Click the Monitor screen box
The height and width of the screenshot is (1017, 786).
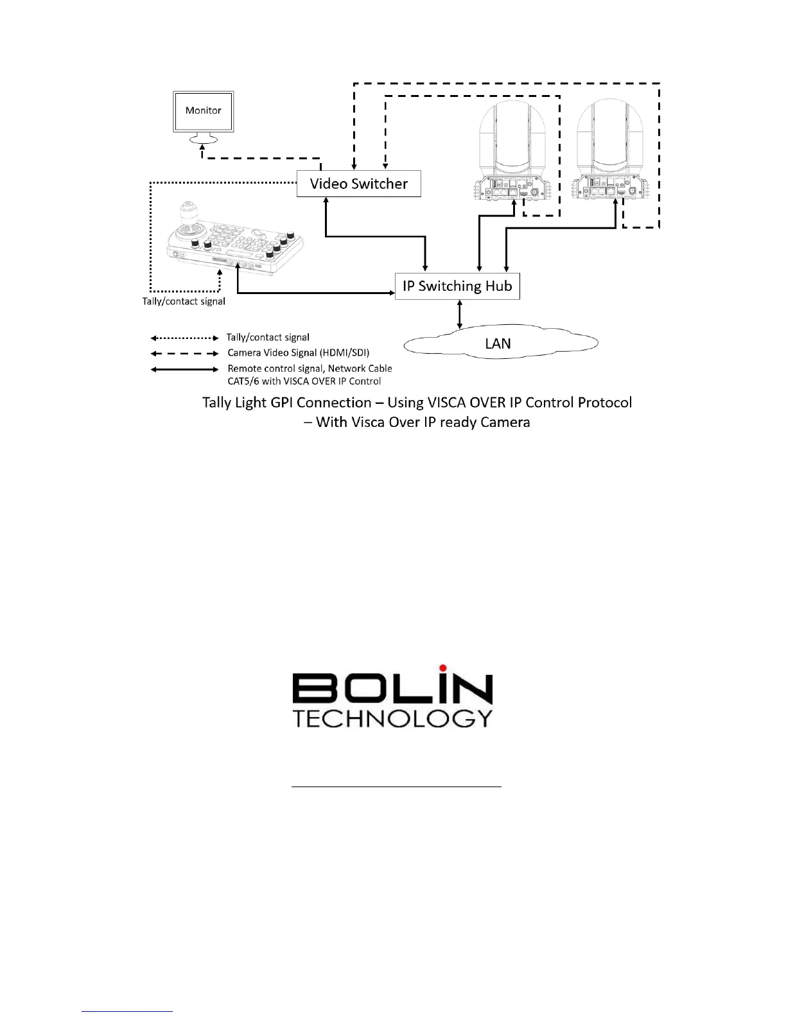coord(203,111)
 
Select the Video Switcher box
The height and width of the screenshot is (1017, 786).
coord(358,184)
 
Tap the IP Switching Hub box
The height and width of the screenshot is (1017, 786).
coord(457,286)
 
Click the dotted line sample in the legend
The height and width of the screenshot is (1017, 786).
coord(184,338)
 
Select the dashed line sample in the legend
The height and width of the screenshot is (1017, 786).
coord(184,353)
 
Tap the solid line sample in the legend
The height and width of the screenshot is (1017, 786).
coord(184,369)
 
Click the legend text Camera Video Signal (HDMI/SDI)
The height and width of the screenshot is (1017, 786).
coord(298,353)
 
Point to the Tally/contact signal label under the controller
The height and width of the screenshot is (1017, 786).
coord(184,301)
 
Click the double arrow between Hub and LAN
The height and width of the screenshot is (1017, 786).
coord(459,315)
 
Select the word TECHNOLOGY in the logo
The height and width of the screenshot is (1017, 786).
coord(392,718)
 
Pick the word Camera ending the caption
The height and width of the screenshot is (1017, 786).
coord(500,422)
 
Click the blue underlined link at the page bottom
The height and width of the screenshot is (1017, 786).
coord(127,1011)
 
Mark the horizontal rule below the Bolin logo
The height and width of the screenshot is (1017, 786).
coord(396,786)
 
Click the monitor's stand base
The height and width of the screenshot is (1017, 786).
coord(203,139)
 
